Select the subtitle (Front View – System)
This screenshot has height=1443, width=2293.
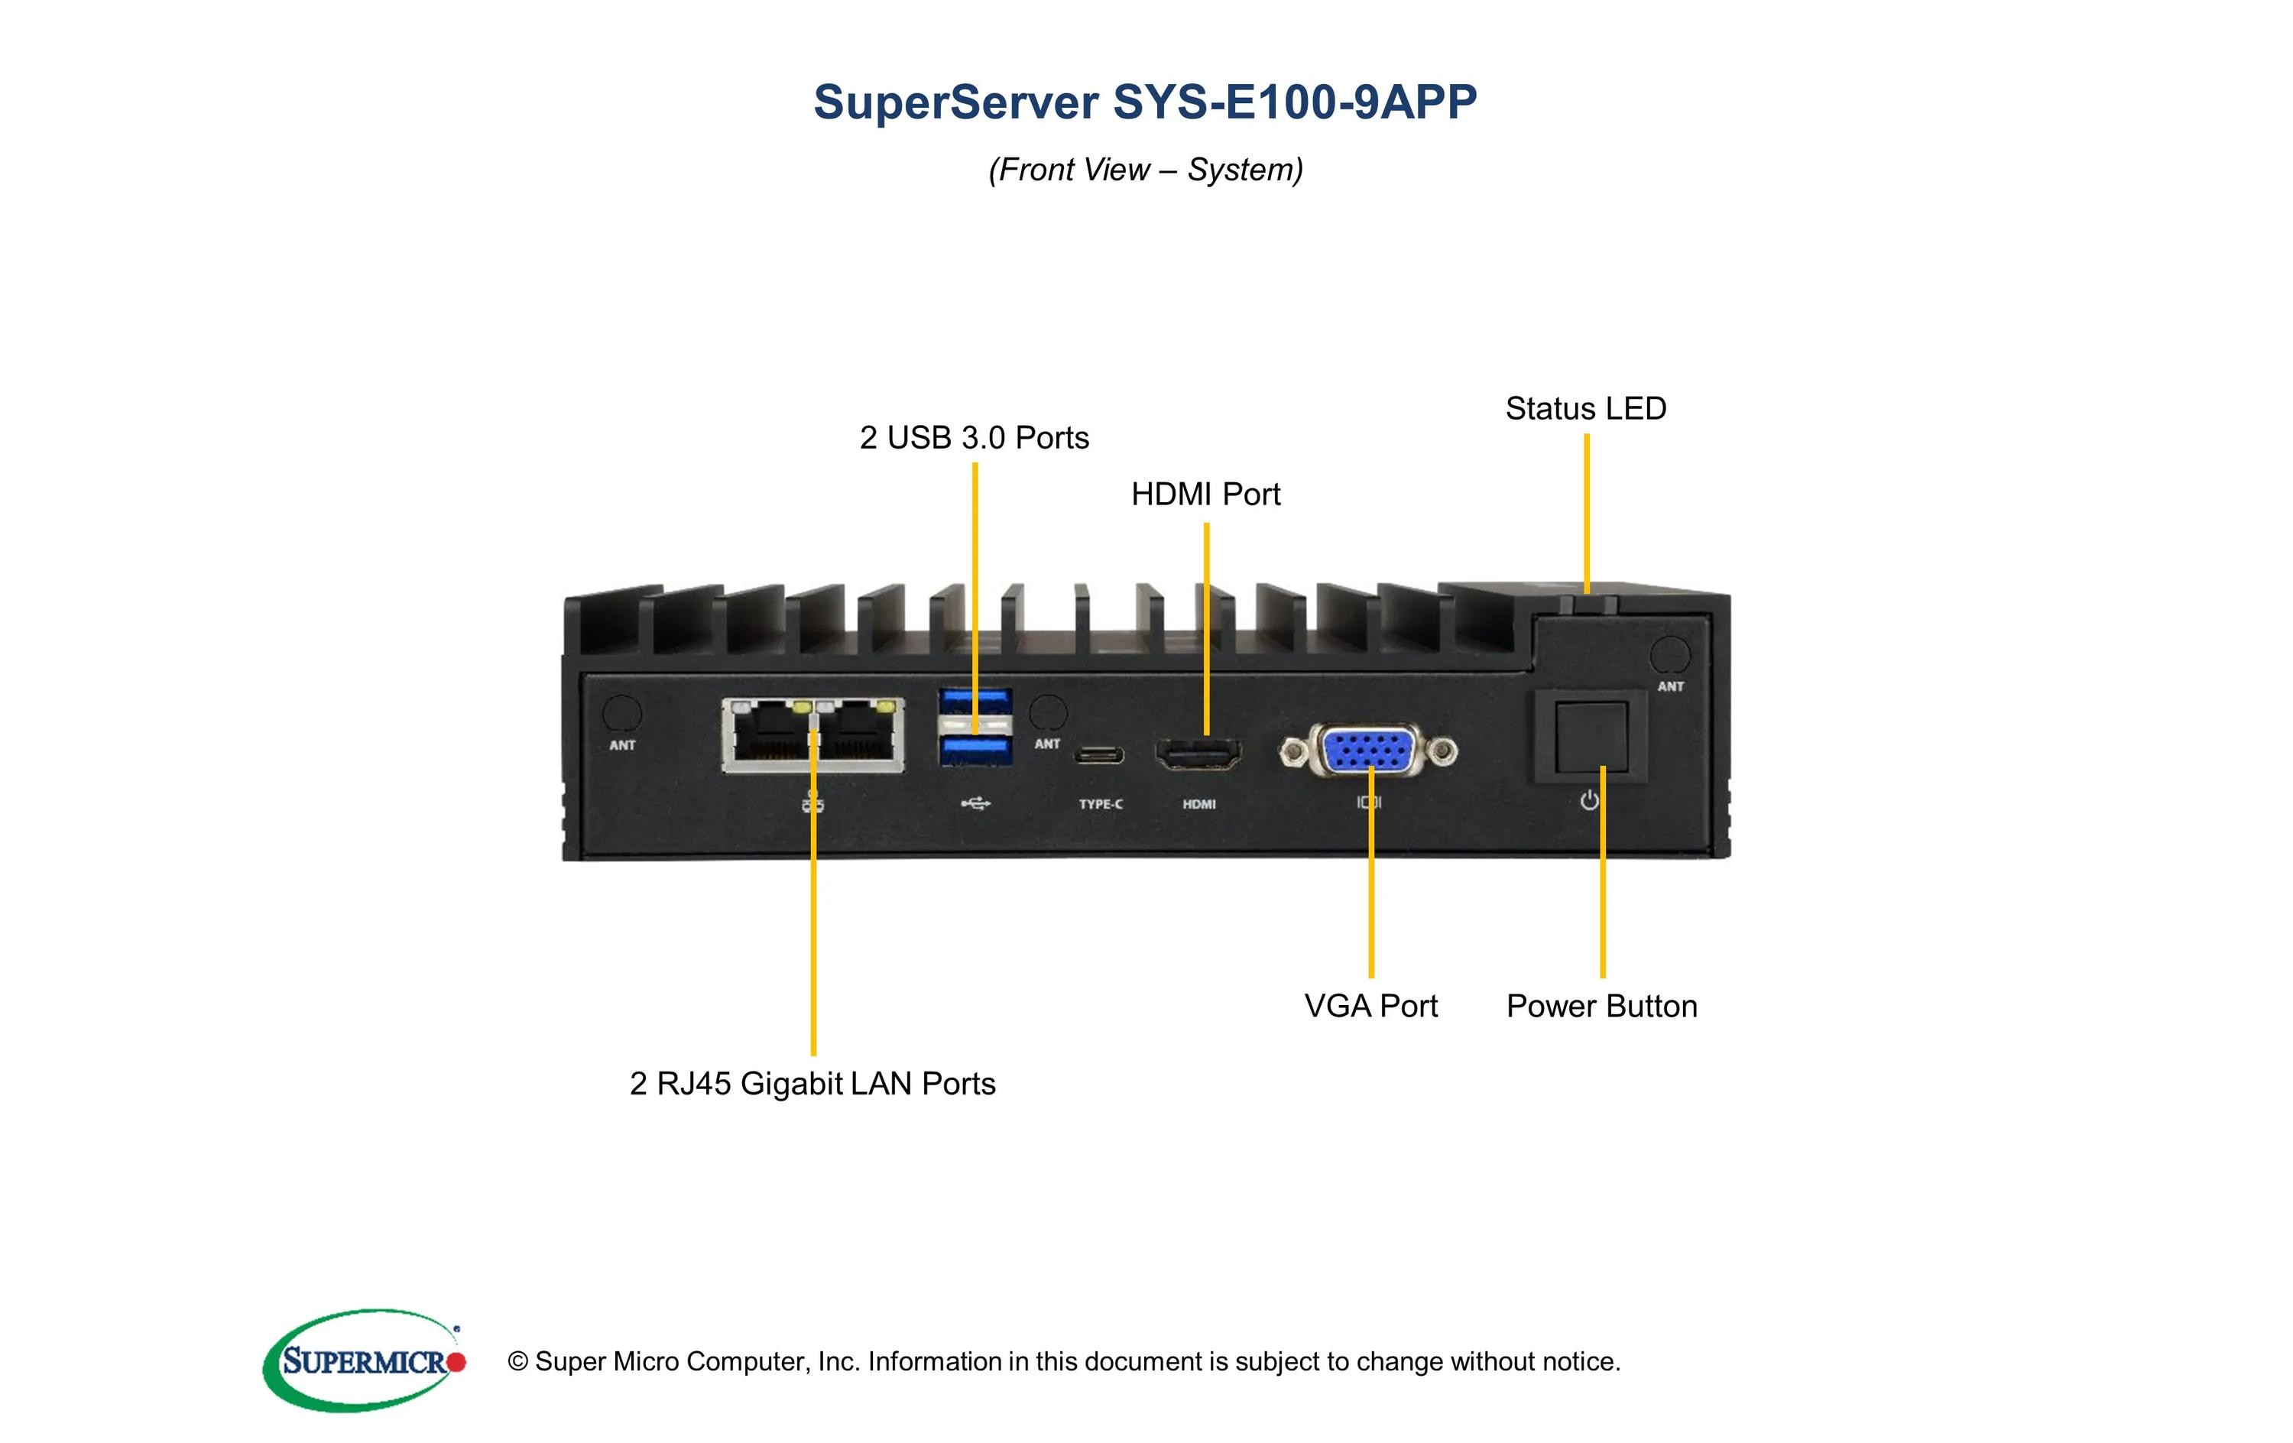pos(1145,170)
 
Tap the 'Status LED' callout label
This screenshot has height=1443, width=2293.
pos(1585,409)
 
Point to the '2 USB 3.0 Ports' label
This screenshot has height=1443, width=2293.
pos(975,438)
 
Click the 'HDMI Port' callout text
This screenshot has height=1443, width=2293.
pos(1205,495)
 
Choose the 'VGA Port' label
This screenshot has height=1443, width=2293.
pos(1370,1006)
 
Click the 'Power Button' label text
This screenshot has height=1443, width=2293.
pos(1602,1007)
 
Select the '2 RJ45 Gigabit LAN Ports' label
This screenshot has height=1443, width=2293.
pos(812,1084)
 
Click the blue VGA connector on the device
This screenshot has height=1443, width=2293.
pos(1367,751)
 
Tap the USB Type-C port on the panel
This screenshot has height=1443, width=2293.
pos(1099,756)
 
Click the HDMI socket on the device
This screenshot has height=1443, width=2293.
pos(1198,754)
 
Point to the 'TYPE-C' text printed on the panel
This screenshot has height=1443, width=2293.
pos(1100,805)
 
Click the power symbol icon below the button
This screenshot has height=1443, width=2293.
pos(1589,801)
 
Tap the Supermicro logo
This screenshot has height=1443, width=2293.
pos(365,1360)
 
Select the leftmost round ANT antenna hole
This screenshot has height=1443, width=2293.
pos(623,713)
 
